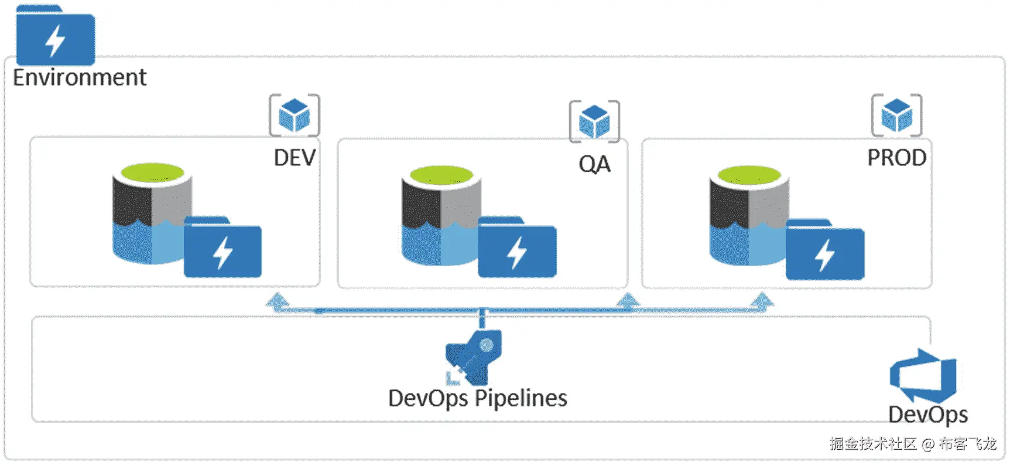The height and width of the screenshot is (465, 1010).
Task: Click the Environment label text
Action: click(80, 77)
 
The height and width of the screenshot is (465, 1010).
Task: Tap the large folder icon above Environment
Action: click(56, 35)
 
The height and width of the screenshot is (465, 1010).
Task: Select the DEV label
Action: click(295, 158)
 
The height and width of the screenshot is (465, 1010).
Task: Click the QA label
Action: click(594, 164)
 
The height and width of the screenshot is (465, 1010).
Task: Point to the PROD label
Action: click(897, 158)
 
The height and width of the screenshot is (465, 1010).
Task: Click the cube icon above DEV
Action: click(295, 115)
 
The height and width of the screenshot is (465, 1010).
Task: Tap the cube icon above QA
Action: click(594, 121)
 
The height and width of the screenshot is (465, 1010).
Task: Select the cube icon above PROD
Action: click(897, 115)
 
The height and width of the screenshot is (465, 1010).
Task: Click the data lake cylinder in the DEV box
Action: click(152, 213)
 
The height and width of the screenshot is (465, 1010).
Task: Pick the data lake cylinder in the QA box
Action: click(441, 215)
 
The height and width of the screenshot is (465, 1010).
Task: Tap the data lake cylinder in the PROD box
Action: click(749, 216)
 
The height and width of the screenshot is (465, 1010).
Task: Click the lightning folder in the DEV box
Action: click(222, 247)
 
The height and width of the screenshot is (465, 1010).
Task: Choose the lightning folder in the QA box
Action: click(517, 247)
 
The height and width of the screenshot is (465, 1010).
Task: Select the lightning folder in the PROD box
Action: click(825, 249)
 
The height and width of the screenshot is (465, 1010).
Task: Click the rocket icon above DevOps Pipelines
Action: click(474, 357)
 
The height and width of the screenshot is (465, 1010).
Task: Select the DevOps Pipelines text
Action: click(478, 399)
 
